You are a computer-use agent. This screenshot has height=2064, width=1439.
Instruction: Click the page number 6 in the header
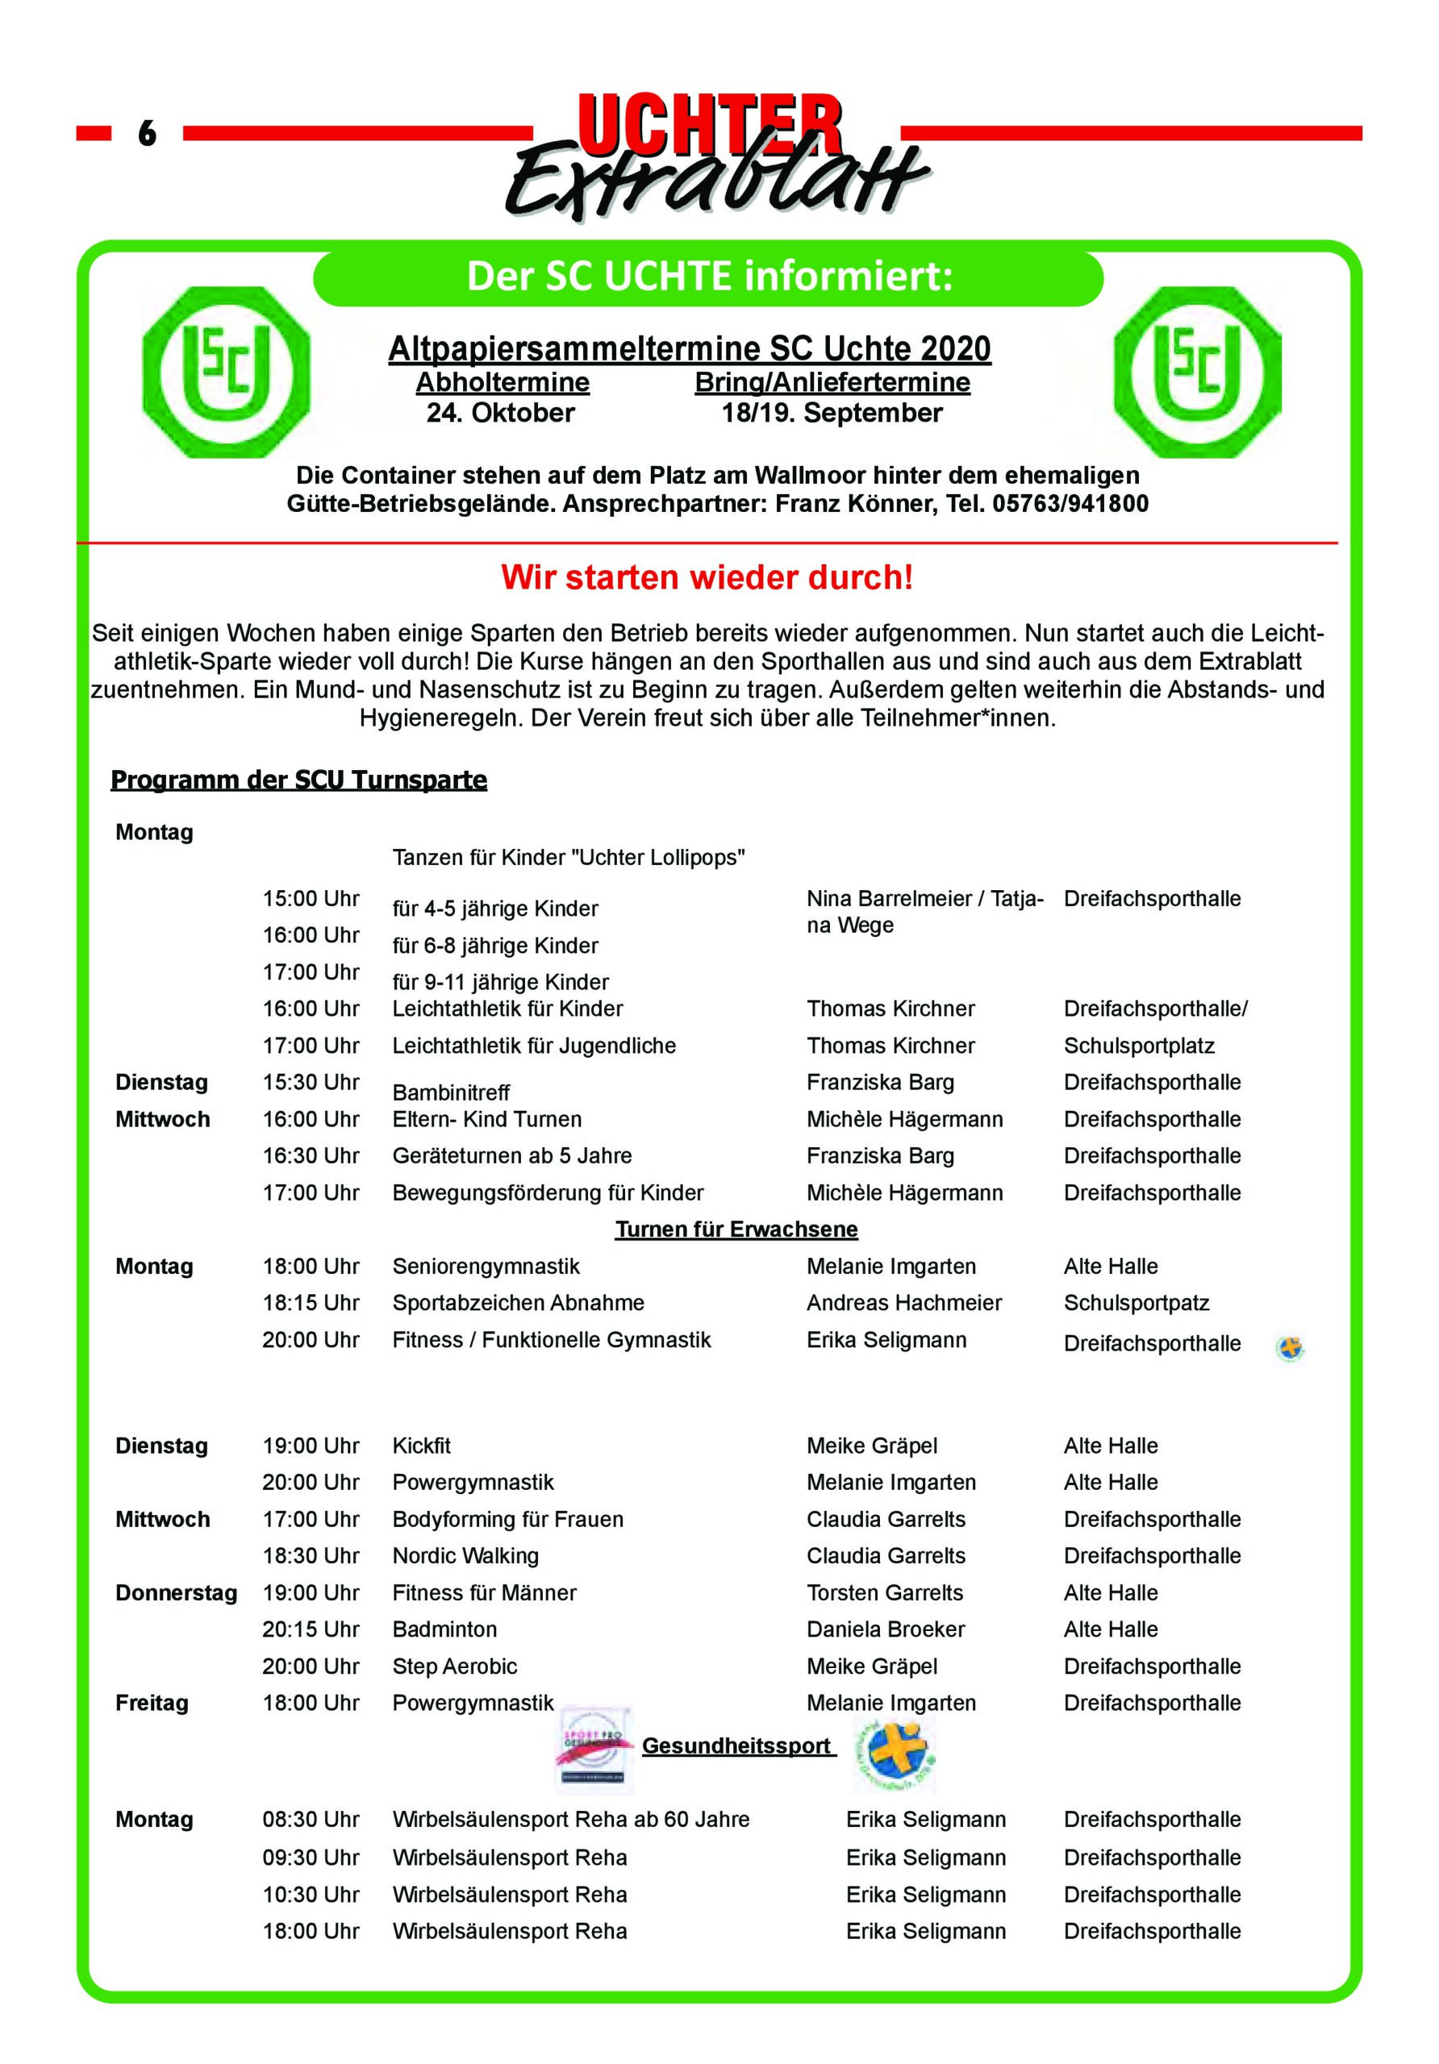147,133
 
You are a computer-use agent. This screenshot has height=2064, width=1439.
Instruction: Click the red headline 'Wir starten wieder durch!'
707,577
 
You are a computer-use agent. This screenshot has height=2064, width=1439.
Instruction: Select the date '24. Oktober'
500,414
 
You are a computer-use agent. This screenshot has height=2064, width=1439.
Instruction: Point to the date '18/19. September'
832,414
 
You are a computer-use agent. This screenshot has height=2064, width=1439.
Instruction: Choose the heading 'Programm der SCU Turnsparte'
298,780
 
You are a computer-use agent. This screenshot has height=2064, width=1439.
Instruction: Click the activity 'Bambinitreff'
451,1092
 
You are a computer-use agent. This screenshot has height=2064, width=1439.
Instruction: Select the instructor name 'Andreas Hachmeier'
904,1303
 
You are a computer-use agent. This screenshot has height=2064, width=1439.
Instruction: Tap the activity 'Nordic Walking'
465,1556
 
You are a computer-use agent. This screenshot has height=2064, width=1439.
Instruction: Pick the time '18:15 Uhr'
311,1303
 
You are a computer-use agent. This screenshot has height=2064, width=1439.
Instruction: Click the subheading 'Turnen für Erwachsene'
736,1229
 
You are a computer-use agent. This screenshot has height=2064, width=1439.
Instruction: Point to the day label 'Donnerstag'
177,1593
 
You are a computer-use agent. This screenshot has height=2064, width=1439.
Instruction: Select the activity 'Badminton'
444,1629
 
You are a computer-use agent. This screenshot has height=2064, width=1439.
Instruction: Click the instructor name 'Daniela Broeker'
885,1629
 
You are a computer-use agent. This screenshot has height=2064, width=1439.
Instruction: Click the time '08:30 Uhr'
311,1820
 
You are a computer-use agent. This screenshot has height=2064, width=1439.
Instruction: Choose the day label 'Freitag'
152,1703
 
